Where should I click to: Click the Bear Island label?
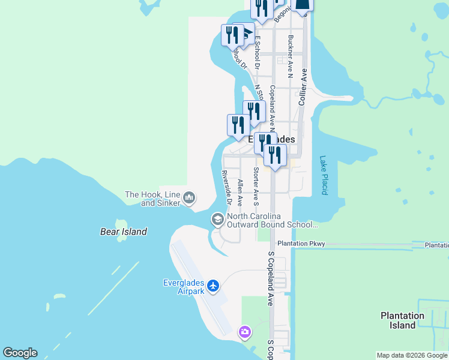(123, 232)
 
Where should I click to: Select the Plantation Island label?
(402, 320)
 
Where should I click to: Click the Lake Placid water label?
(324, 175)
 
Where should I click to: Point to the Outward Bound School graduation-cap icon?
(217, 220)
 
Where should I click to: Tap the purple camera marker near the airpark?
(244, 331)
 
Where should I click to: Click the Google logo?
(20, 353)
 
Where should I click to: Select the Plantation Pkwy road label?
(301, 244)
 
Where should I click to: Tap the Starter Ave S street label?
(256, 186)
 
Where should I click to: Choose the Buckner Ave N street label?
(290, 56)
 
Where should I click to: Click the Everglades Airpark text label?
(184, 287)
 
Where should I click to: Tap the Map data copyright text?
(412, 355)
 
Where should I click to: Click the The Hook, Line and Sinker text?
(152, 199)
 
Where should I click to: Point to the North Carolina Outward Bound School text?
(272, 220)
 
